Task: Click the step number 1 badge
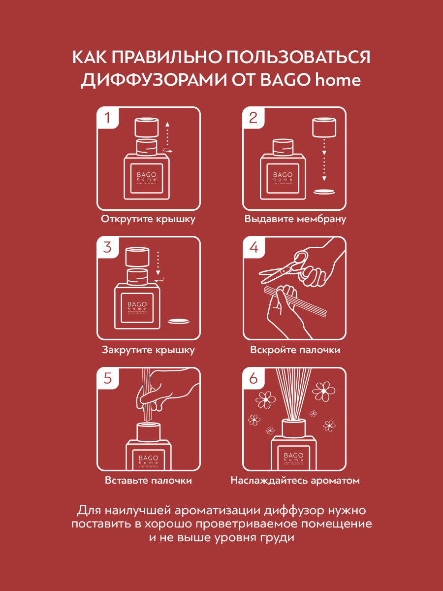click(108, 118)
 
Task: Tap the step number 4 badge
click(253, 247)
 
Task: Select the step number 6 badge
click(253, 378)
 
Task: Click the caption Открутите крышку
click(148, 219)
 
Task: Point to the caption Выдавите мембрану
click(295, 219)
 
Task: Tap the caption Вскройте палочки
click(295, 350)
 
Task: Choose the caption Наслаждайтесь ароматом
click(295, 480)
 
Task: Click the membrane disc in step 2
click(324, 192)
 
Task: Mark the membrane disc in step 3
click(179, 321)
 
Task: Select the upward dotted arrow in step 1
click(167, 134)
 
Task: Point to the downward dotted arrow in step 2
click(324, 160)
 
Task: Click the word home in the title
click(338, 80)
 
